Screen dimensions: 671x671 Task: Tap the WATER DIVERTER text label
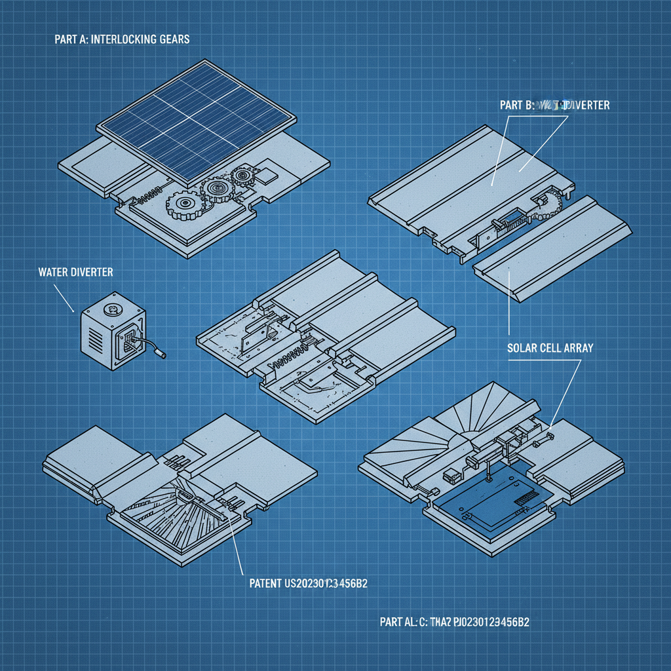75,272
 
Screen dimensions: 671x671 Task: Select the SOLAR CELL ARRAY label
550,348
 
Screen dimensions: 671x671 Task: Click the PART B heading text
512,105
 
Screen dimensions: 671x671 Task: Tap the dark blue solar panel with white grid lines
195,123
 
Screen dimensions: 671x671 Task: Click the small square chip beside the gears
267,175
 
